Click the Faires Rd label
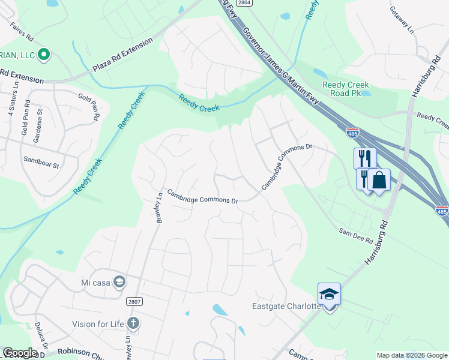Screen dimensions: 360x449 click(21, 29)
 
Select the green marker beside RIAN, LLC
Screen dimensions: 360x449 click(43, 56)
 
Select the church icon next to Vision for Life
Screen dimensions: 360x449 click(133, 325)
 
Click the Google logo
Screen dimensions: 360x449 click(20, 353)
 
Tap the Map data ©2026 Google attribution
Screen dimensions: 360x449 click(412, 355)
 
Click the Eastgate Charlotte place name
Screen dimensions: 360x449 click(286, 307)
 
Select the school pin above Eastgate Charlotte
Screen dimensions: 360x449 click(329, 295)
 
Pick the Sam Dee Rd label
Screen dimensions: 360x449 click(356, 235)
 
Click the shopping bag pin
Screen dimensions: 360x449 click(379, 180)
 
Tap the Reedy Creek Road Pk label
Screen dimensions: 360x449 click(345, 89)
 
